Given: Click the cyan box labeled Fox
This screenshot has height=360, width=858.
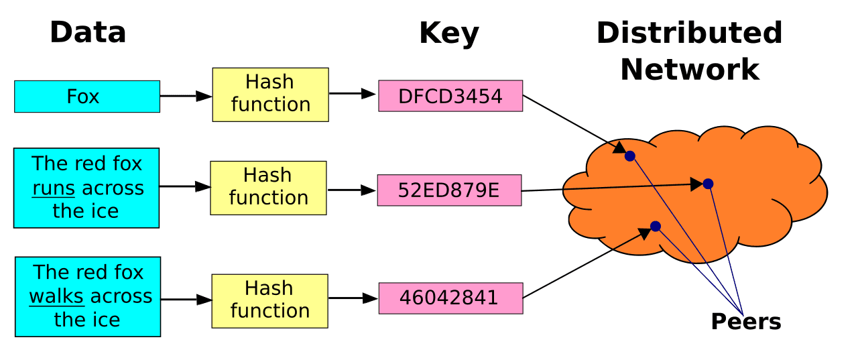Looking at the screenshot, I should [87, 97].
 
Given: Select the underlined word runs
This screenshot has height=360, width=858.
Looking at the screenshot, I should [54, 188].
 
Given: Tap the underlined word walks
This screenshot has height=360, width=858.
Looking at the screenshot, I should [57, 296].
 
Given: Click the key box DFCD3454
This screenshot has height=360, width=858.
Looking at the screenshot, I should [450, 96].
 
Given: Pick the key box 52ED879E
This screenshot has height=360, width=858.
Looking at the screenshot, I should [448, 190].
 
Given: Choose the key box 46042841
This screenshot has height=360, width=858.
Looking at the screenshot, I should [450, 298].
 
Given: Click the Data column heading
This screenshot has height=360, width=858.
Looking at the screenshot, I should [88, 32].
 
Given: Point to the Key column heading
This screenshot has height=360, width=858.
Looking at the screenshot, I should [448, 34].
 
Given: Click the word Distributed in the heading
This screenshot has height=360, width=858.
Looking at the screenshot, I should [689, 32].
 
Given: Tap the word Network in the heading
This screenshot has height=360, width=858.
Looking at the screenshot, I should [690, 69].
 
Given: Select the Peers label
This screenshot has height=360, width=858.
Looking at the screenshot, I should [745, 322].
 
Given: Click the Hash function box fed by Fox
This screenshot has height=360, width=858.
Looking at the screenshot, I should [270, 94].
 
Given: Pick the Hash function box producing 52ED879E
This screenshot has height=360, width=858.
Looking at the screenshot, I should [268, 187].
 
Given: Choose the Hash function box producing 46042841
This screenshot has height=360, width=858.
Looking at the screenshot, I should [269, 300].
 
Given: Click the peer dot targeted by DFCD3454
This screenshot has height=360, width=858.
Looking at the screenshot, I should [629, 156].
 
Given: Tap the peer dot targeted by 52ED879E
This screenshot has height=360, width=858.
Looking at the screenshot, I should [708, 184].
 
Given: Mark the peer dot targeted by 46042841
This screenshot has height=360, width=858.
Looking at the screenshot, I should [656, 227].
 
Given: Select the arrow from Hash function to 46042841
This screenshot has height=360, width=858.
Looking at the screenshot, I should [353, 298].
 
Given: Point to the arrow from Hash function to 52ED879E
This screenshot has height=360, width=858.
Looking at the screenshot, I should [351, 190].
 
